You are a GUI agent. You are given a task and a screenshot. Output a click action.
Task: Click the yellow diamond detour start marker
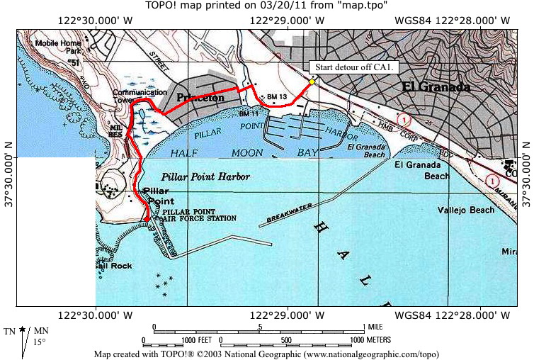[x=312, y=81]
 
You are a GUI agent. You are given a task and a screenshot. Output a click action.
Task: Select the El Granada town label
[x=436, y=87]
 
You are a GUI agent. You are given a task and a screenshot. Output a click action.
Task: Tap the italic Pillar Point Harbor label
[x=205, y=176]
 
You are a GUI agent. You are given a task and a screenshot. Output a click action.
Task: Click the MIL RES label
[x=116, y=130]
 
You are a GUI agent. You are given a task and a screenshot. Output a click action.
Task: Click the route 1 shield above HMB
[x=403, y=118]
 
